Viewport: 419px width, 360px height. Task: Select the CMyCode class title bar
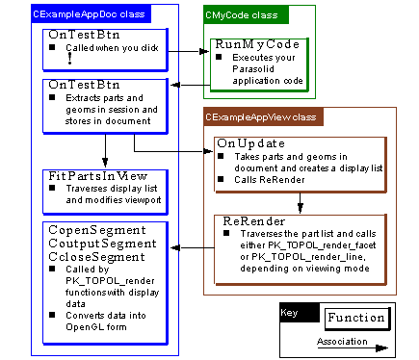click(238, 14)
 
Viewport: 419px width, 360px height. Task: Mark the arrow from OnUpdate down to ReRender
click(301, 201)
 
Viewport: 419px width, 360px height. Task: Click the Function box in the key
click(354, 318)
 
